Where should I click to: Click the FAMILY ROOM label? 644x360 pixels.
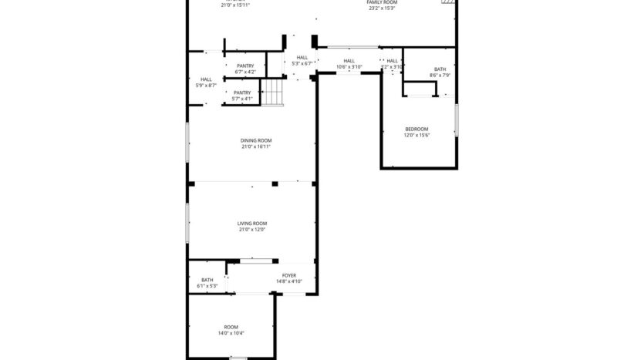(382, 2)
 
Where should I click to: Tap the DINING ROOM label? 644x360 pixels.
(255, 140)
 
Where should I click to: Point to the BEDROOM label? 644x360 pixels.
(416, 129)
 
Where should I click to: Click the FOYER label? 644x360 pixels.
(289, 274)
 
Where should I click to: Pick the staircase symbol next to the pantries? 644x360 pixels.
(272, 93)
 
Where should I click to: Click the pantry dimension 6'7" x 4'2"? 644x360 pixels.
(245, 72)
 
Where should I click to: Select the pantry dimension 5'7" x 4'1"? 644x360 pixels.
(243, 99)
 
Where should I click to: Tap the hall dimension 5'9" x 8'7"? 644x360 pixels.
(207, 86)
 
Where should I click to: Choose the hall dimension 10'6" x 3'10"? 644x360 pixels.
(349, 67)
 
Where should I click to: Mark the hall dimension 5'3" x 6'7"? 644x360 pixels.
(302, 63)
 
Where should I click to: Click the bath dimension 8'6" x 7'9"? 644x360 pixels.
(440, 76)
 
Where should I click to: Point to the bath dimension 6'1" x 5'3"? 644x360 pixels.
(207, 286)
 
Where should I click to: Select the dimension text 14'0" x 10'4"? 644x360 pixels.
(231, 333)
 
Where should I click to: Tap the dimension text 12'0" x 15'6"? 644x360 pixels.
(416, 136)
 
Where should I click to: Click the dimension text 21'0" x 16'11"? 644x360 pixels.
(255, 146)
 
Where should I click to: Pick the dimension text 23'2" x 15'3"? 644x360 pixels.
(382, 8)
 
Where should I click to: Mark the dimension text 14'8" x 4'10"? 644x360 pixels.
(289, 281)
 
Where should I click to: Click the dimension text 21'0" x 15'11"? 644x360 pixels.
(235, 5)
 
